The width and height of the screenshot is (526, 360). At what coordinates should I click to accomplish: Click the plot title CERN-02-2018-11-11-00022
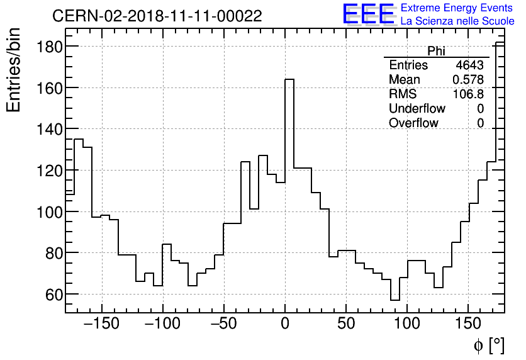(157, 16)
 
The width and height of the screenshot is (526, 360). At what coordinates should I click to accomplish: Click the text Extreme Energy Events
(457, 8)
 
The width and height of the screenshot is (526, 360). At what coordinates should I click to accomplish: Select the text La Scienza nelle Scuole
(457, 21)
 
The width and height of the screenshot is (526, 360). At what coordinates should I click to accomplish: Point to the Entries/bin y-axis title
(14, 70)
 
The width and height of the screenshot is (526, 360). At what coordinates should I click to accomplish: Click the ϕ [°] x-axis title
(488, 345)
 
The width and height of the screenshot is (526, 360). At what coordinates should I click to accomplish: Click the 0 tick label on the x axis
(285, 324)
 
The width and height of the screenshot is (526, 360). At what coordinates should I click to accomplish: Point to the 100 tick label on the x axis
(407, 324)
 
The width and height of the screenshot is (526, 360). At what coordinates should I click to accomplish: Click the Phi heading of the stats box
(436, 52)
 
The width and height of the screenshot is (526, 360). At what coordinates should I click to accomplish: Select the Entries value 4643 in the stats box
(470, 65)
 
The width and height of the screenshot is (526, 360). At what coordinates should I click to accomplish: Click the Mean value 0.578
(468, 80)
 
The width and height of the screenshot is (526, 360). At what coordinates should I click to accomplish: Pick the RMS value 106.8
(468, 94)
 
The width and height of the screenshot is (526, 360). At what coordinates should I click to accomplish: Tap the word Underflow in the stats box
(417, 109)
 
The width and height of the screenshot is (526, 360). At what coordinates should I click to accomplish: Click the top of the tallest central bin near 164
(289, 79)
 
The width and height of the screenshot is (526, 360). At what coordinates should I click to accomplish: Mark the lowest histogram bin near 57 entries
(395, 300)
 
